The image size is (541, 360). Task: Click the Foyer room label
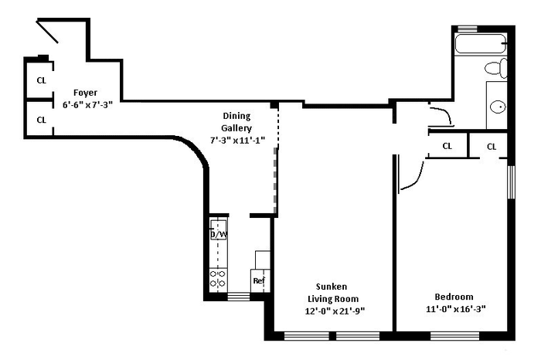click(x=85, y=93)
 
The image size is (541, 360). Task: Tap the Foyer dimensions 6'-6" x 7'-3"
click(x=87, y=105)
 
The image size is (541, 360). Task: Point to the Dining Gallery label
click(x=236, y=122)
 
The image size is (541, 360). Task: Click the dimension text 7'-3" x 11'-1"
click(x=237, y=141)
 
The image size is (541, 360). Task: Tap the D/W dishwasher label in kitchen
click(x=219, y=235)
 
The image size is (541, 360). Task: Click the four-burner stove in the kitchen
click(x=218, y=280)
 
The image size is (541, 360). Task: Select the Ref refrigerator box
click(x=260, y=280)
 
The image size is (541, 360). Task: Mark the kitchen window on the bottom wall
click(x=239, y=297)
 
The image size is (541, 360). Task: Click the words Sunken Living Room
click(x=332, y=293)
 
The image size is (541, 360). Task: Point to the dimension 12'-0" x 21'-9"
click(x=335, y=311)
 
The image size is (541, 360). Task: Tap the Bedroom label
click(x=454, y=297)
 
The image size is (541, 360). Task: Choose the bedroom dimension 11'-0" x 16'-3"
click(x=456, y=309)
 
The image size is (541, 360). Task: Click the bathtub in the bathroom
click(x=481, y=43)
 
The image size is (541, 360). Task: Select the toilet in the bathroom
click(x=496, y=68)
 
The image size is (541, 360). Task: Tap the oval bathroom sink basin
click(x=498, y=107)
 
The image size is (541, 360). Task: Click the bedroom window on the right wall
click(x=511, y=182)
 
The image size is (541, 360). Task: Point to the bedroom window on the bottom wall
click(x=454, y=335)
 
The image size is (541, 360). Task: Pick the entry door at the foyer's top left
click(x=47, y=32)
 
